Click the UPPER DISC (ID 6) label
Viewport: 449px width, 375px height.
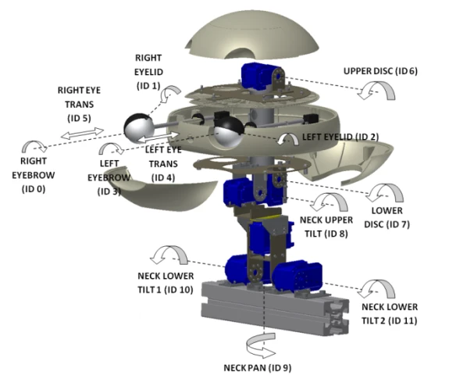pyautogui.click(x=380, y=71)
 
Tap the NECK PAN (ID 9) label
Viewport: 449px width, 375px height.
pyautogui.click(x=258, y=367)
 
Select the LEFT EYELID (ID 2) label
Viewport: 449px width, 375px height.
pyautogui.click(x=340, y=137)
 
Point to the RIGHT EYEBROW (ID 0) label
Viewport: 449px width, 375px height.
pyautogui.click(x=34, y=175)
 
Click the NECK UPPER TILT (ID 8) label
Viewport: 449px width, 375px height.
pyautogui.click(x=326, y=227)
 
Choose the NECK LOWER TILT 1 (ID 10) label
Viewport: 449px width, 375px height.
pyautogui.click(x=166, y=283)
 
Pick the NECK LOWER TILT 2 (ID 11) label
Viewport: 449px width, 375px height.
pyautogui.click(x=390, y=314)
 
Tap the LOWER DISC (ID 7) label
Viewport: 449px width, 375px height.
pyautogui.click(x=387, y=217)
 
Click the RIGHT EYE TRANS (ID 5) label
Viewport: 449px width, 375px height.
pyautogui.click(x=79, y=104)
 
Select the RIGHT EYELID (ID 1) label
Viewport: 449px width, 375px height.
pyautogui.click(x=148, y=72)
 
